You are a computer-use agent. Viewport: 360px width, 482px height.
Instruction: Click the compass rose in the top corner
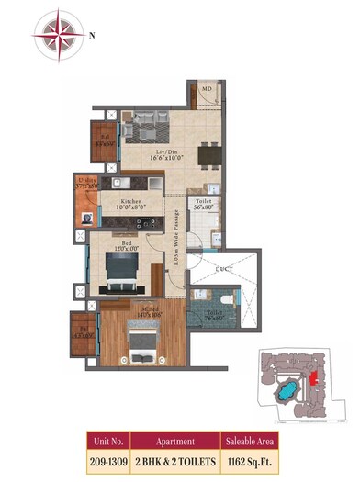[58, 34]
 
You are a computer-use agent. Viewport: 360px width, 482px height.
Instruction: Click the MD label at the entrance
[208, 89]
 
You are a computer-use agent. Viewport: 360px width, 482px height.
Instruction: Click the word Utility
[87, 181]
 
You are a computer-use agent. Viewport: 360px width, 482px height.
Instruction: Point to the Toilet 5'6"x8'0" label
[204, 205]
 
